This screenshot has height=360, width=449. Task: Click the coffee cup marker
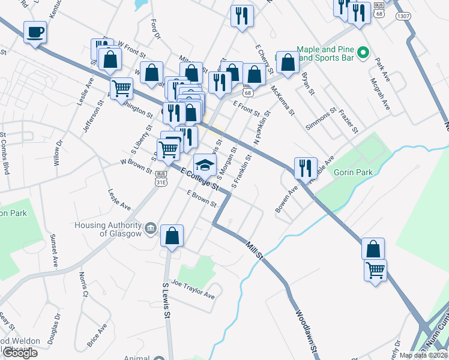[x=35, y=32]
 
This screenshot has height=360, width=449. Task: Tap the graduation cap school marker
[x=205, y=164]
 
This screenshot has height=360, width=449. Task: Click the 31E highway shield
[x=161, y=181]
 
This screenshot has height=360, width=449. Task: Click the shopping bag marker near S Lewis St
[x=172, y=236]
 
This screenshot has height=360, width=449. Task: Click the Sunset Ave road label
[x=53, y=250]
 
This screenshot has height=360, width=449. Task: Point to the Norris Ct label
[x=82, y=284]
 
